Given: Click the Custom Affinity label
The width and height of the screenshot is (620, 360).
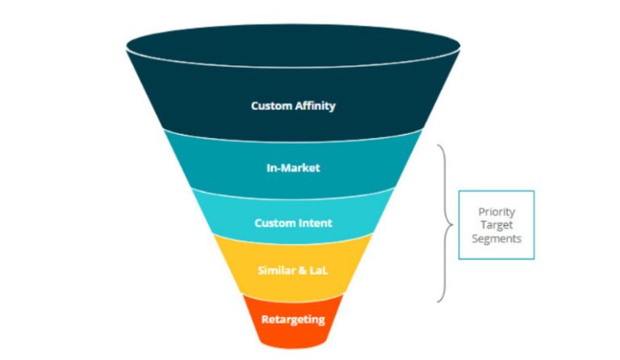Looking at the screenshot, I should [x=292, y=106].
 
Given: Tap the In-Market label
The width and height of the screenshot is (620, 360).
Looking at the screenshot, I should [x=293, y=168].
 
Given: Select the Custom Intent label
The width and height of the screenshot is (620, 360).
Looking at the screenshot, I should [x=293, y=223].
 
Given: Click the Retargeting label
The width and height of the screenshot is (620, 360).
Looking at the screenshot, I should [x=293, y=319].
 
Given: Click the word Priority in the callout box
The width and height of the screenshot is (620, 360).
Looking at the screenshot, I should [x=496, y=211].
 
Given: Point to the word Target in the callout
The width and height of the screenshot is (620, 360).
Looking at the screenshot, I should [x=496, y=225].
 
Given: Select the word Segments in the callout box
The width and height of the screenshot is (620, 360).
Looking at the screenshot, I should [x=496, y=239].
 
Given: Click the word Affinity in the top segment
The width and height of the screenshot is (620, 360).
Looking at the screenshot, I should [x=314, y=106].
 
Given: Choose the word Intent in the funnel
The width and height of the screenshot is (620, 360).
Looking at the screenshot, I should [x=315, y=223].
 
